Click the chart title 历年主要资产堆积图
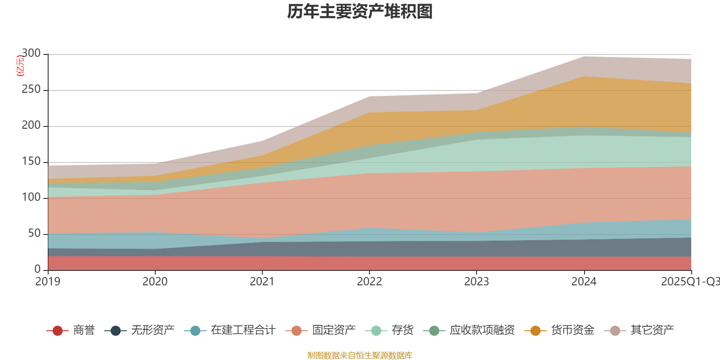pos(360,12)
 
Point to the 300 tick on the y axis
pos(31,54)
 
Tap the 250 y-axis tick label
pos(31,90)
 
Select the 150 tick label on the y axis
pos(31,162)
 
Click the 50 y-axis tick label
pos(34,234)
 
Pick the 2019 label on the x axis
pos(48,282)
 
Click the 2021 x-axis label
pos(262,282)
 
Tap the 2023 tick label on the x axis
pos(477,282)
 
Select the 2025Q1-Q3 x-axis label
pos(690,282)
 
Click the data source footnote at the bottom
pos(360,355)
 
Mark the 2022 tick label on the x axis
pos(369,282)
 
